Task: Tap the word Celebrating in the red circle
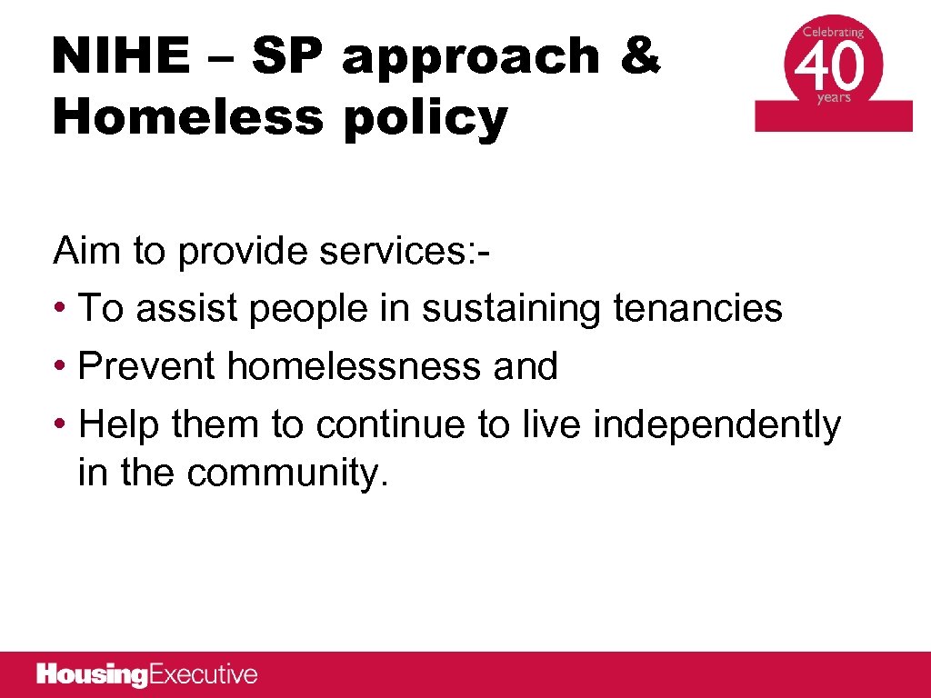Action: (x=833, y=31)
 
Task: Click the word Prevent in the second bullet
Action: (x=147, y=366)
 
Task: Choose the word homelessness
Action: (x=355, y=366)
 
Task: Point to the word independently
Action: (x=717, y=425)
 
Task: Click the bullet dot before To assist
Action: (x=60, y=309)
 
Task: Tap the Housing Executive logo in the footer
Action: (x=147, y=674)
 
